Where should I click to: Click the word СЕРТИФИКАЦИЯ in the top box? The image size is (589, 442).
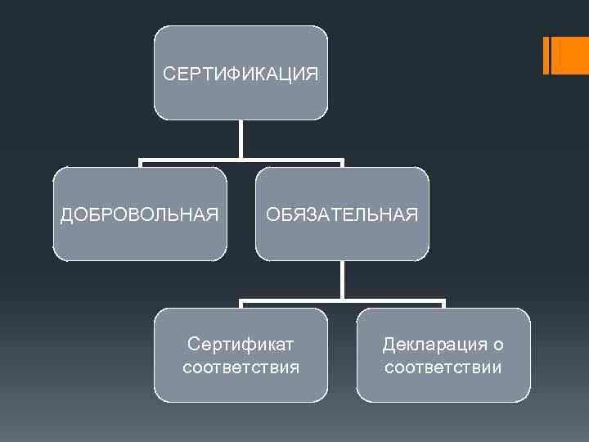click(x=241, y=74)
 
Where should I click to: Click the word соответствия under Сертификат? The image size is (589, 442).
click(x=241, y=367)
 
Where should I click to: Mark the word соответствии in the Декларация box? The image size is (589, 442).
click(x=443, y=367)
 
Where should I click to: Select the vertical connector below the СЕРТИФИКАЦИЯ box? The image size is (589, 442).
click(x=241, y=138)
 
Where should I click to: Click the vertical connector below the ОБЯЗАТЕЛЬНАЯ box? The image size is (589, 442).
click(x=342, y=279)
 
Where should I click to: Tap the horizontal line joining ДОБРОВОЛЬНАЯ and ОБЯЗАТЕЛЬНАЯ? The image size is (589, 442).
click(x=241, y=160)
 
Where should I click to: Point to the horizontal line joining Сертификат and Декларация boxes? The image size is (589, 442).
click(x=342, y=300)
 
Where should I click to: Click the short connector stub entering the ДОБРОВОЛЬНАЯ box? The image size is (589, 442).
click(x=140, y=164)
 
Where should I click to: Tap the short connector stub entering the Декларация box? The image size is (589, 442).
click(x=443, y=304)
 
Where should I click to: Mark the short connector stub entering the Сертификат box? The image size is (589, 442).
click(x=241, y=304)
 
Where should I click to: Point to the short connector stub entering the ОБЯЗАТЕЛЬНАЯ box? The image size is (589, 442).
click(x=342, y=164)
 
